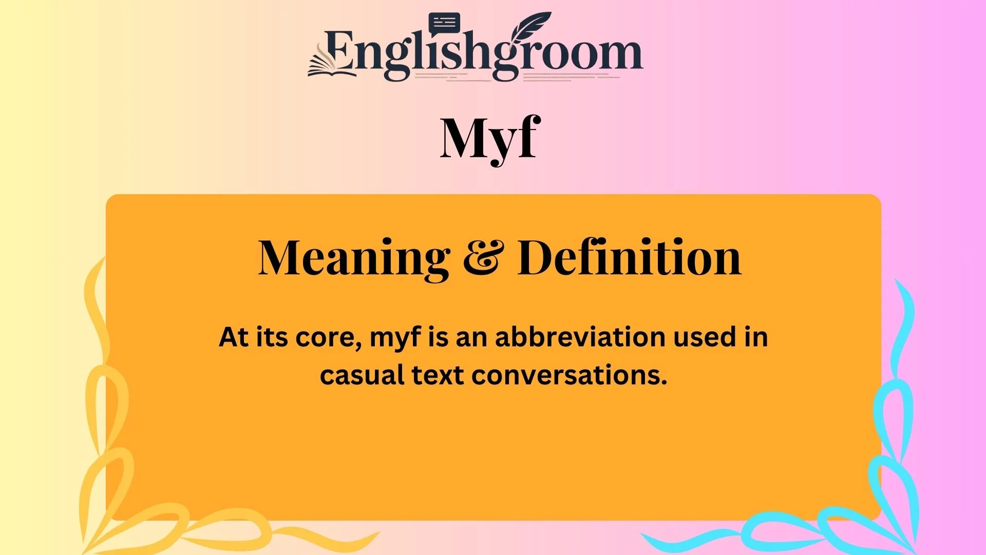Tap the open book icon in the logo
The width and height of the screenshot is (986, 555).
coord(331,64)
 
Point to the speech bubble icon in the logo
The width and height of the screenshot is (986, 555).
coord(444,23)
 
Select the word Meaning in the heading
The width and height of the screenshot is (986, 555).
coord(354,258)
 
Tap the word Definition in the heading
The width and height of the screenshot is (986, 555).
coord(629,258)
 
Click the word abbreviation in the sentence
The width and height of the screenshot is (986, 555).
coord(580,338)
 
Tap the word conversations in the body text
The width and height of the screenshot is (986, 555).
coord(570,375)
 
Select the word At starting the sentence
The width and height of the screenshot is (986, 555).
coord(234,338)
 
